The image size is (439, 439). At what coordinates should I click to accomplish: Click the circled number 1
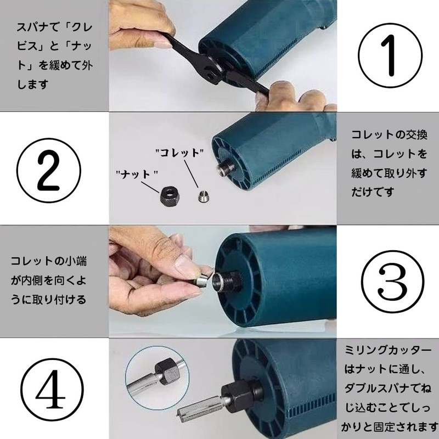390,55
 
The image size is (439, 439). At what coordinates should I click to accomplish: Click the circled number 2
49,171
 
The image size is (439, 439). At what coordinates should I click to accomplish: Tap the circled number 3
392,282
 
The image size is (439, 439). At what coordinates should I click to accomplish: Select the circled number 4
52,390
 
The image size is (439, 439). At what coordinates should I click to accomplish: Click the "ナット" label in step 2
137,175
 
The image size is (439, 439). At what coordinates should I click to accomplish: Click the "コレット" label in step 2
179,153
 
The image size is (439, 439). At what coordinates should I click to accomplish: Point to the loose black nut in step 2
170,196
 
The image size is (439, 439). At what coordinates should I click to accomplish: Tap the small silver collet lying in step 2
204,196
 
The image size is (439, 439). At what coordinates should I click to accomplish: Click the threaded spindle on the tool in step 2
226,167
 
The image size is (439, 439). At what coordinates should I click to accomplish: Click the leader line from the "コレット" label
191,174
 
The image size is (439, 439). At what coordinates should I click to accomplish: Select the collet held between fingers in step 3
202,279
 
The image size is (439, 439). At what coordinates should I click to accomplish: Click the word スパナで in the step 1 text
38,27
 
